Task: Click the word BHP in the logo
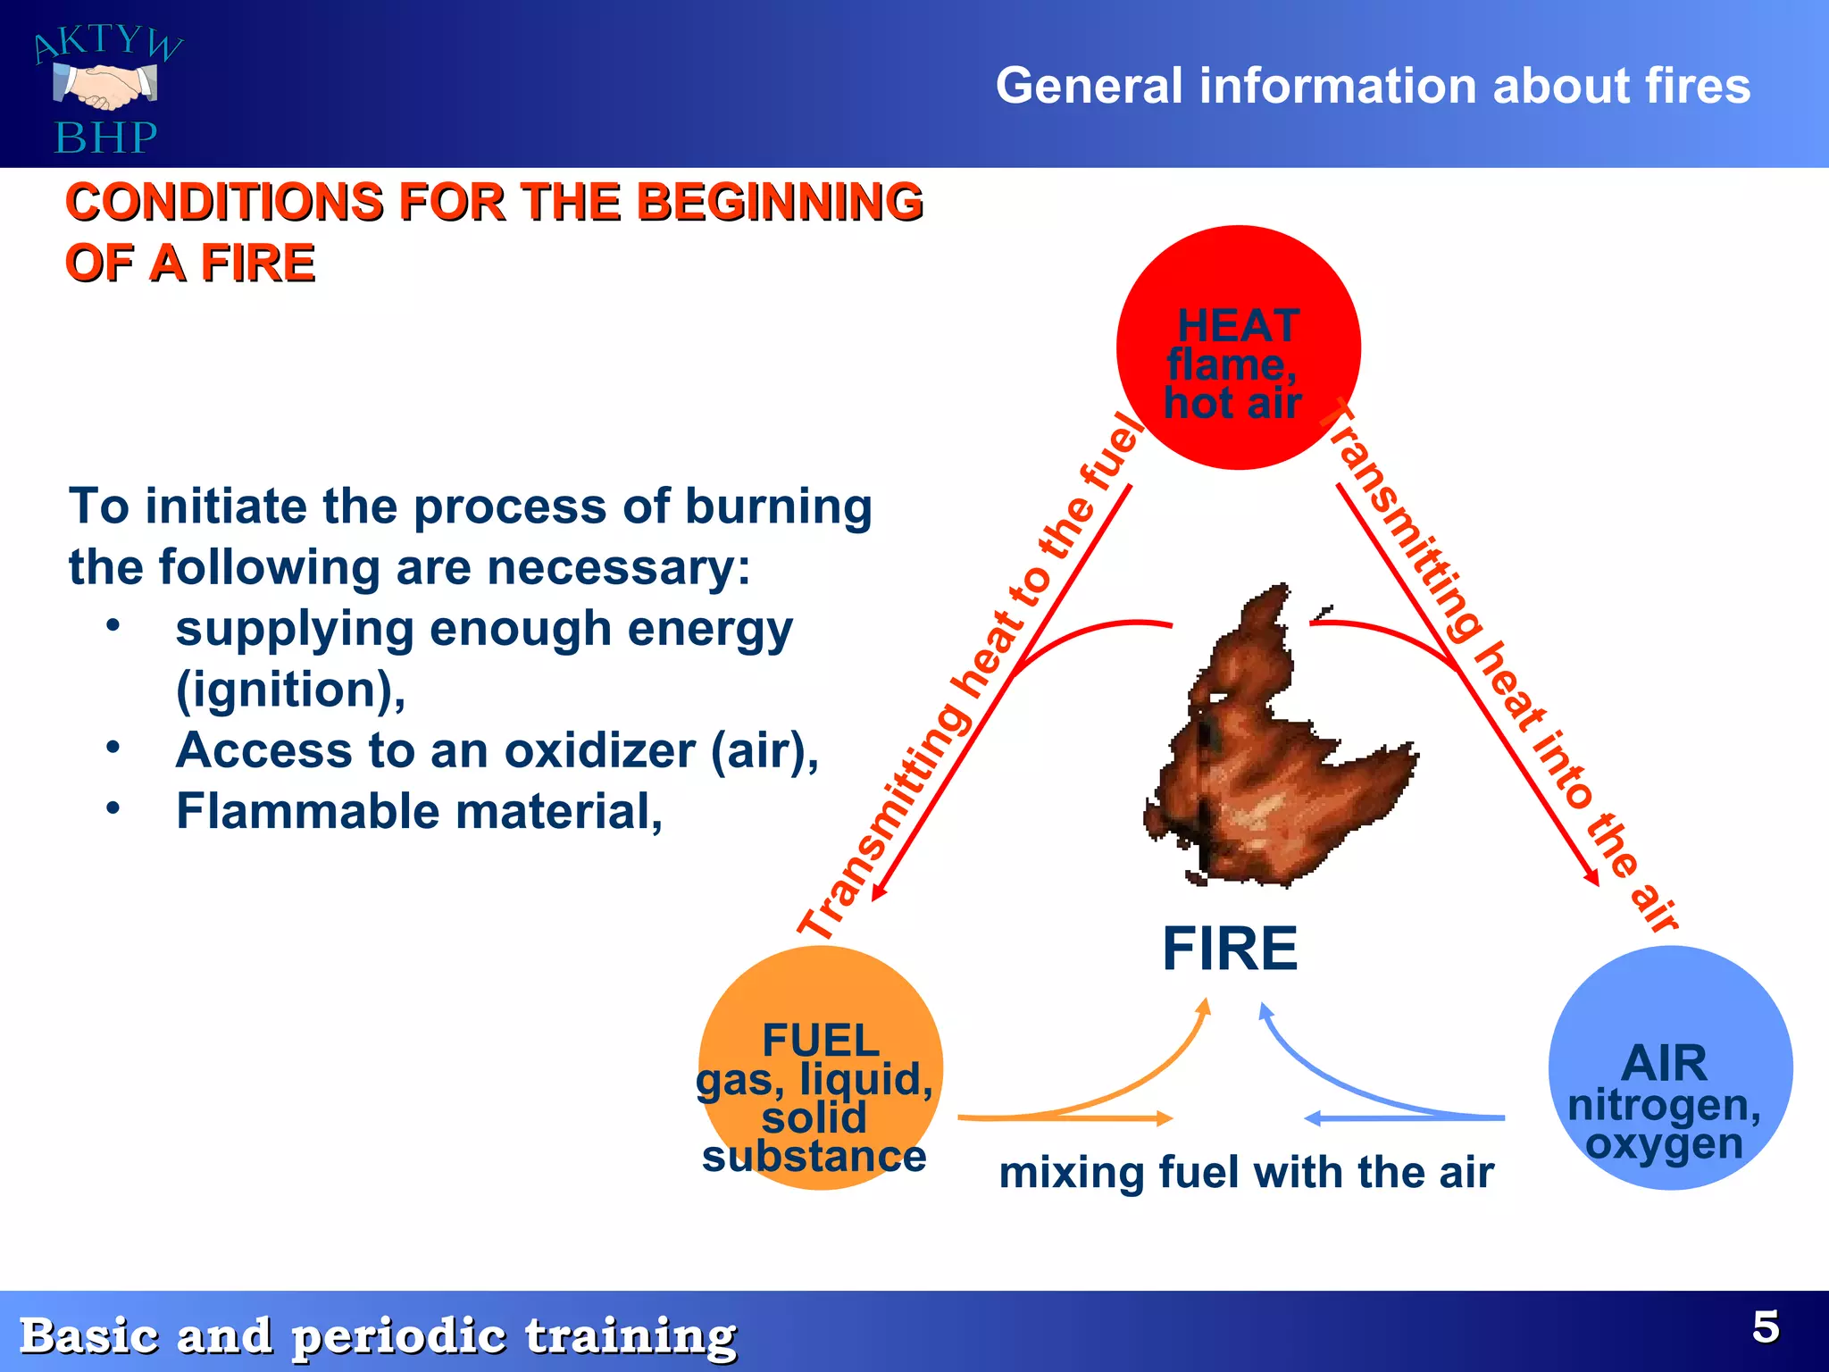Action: tap(105, 138)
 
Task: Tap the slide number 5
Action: tap(1766, 1327)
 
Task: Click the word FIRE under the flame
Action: tap(1230, 949)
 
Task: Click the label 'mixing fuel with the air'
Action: tap(1246, 1172)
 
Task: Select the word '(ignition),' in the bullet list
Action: tap(290, 690)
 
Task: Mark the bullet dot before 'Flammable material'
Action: tap(113, 808)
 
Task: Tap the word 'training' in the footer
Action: tap(630, 1336)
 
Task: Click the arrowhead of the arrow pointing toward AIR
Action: tap(1591, 877)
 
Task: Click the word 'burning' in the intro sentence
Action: tap(778, 506)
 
